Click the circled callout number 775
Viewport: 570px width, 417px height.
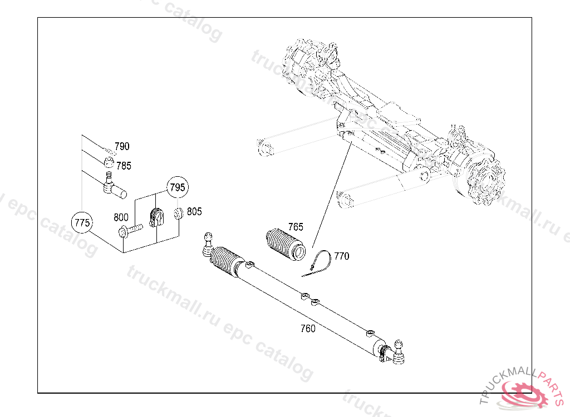82,223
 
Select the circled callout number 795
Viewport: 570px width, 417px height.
177,187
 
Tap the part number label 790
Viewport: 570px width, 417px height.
122,147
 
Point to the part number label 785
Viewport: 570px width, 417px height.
124,166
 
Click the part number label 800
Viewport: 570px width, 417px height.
121,217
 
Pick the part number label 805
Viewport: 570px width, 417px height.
194,212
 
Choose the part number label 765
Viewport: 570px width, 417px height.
296,227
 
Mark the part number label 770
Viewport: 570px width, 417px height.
341,256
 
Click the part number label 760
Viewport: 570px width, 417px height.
307,329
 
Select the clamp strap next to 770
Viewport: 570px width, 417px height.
318,262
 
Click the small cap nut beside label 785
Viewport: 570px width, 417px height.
110,163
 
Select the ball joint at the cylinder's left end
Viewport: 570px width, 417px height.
208,244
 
